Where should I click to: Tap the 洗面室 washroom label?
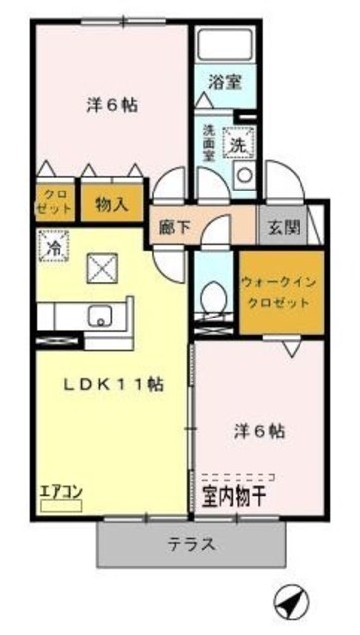pos(209,146)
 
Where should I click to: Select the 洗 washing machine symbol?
pos(239,144)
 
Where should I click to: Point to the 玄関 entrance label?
pos(281,226)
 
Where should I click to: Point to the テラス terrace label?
pos(192,543)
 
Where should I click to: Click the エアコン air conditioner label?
pos(60,490)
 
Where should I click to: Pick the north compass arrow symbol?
pos(288,601)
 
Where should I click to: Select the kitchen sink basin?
pos(99,317)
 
